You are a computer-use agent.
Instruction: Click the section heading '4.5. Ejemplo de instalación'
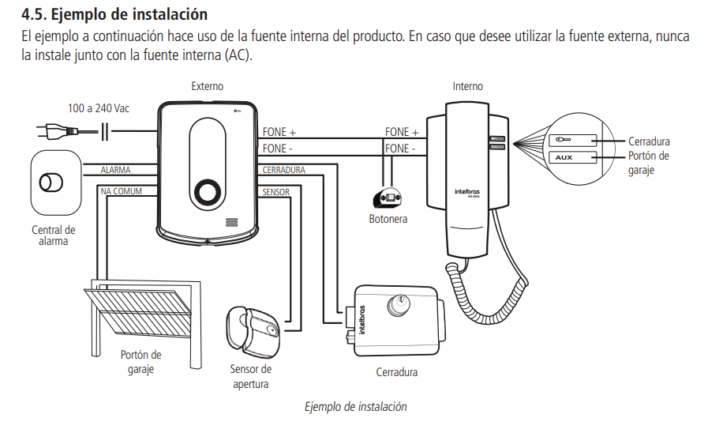[x=114, y=13]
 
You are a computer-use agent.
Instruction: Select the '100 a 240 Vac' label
[x=99, y=108]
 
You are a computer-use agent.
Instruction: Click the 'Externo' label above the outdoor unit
[x=207, y=86]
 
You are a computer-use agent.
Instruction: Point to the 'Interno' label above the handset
[x=467, y=86]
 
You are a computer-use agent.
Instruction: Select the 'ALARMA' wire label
[x=116, y=170]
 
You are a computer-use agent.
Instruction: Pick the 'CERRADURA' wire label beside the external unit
[x=283, y=170]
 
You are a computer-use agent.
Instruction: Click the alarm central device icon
[x=53, y=183]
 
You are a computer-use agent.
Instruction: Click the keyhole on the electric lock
[x=404, y=301]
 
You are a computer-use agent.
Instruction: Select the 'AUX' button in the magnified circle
[x=564, y=157]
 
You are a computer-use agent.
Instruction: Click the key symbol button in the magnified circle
[x=564, y=140]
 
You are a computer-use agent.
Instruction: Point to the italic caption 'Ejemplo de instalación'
[x=356, y=407]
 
